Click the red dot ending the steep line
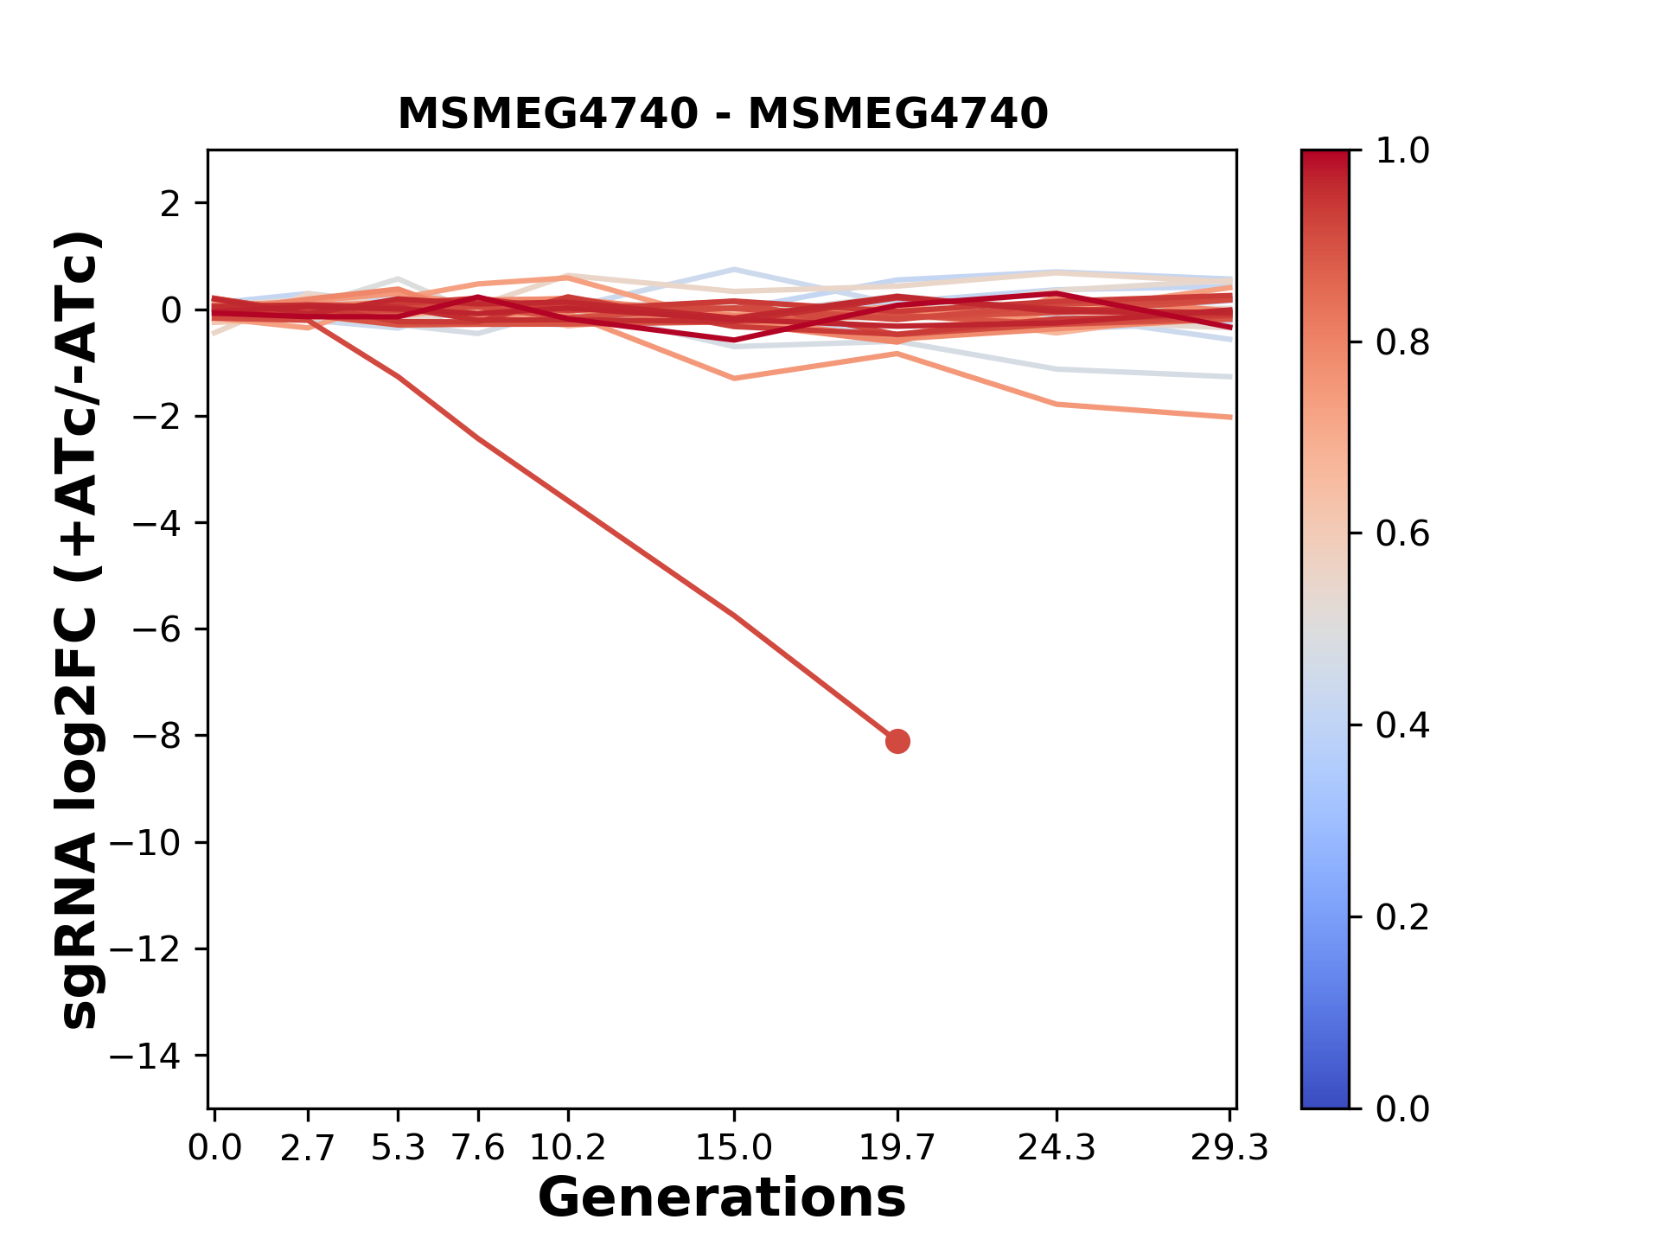tap(897, 741)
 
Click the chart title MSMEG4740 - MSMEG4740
tap(722, 114)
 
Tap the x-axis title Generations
tap(722, 1198)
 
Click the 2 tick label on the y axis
tap(170, 204)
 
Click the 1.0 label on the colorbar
tap(1402, 151)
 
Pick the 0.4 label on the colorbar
tap(1402, 725)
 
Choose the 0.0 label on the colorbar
tap(1402, 1108)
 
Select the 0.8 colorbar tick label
tap(1402, 343)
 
